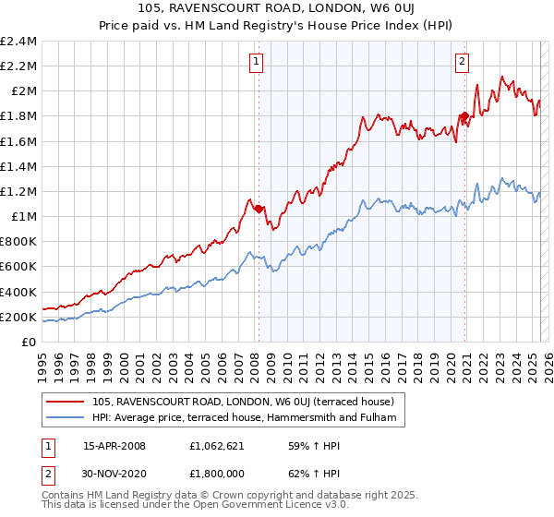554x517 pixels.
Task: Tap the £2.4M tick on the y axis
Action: [18, 42]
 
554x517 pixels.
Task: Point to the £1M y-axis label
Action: [23, 216]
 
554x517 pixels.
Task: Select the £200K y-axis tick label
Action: [18, 317]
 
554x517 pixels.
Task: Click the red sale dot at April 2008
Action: [259, 209]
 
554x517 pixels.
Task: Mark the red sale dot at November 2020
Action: [465, 115]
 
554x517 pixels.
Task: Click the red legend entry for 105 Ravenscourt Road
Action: [243, 402]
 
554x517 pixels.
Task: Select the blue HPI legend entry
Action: [243, 418]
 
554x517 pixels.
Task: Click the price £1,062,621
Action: [217, 445]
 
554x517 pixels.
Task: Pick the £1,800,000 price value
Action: [217, 475]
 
